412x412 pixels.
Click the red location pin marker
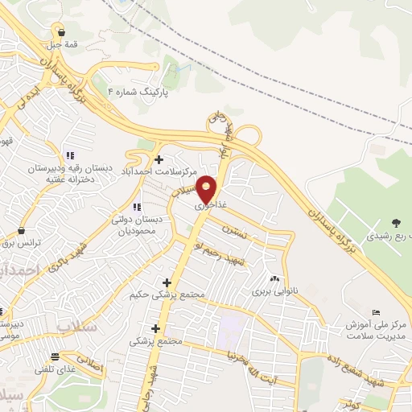coord(208,188)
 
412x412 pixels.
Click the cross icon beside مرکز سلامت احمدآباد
coord(159,159)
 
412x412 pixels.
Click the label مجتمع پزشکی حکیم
coord(167,295)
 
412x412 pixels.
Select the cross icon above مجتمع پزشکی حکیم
coord(167,282)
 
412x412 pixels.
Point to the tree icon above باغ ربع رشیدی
coord(395,223)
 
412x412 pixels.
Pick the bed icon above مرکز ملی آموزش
coord(376,312)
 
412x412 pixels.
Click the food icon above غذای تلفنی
coord(55,356)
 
